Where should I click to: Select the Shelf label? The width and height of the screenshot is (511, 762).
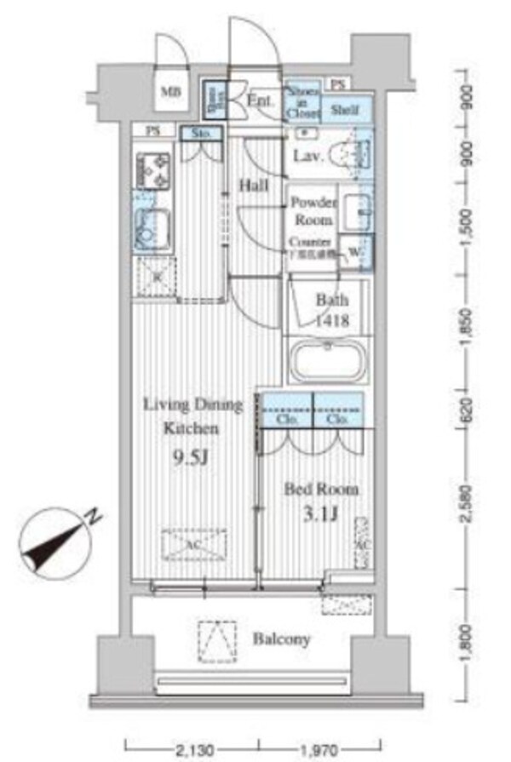344,108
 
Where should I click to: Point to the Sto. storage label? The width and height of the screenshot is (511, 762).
201,134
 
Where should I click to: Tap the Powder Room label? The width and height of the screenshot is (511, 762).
314,210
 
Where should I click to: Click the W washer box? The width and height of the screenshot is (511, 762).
353,252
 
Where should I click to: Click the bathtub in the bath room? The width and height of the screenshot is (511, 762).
328,362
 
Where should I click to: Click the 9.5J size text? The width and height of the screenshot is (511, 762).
192,460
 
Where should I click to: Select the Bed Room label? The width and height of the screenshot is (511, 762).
321,490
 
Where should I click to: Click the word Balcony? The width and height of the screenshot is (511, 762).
281,639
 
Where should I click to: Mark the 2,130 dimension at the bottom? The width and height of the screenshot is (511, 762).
195,749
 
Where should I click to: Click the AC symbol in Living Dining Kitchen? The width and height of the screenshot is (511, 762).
194,541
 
